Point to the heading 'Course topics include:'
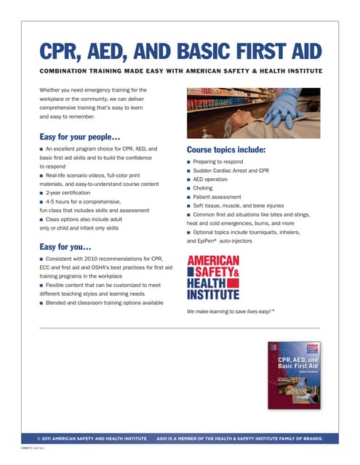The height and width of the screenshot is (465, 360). [226, 150]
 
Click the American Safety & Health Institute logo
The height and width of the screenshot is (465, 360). [213, 278]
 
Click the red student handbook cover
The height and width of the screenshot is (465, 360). [294, 374]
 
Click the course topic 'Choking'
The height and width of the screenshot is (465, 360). [203, 187]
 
